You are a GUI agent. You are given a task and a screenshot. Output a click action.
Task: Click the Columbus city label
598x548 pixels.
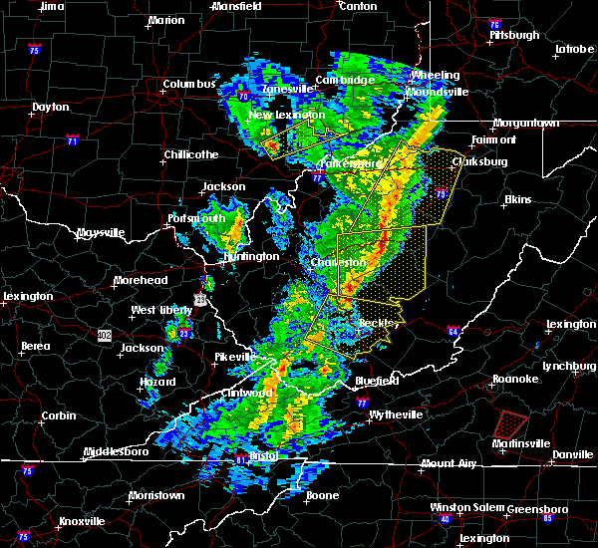189,85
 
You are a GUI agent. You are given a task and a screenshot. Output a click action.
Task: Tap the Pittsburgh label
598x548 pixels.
514,35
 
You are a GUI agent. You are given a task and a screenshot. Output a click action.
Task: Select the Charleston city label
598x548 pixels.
340,263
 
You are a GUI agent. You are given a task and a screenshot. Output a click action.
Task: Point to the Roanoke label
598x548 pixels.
516,379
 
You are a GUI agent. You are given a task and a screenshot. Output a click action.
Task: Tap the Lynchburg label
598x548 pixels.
568,366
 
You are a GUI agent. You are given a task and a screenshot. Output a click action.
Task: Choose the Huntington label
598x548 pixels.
251,256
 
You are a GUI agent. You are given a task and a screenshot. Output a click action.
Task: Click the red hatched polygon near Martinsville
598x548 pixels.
511,425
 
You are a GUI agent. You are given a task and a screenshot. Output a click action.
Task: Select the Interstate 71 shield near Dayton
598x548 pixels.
72,140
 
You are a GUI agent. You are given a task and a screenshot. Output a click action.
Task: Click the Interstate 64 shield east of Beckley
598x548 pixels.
452,331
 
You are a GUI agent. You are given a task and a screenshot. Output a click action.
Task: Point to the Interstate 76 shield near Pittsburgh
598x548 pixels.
494,23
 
